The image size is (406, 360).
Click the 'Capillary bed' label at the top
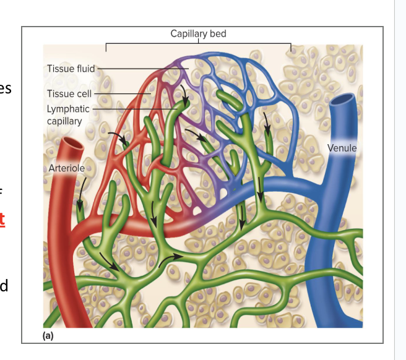198,33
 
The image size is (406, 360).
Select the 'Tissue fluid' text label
70,68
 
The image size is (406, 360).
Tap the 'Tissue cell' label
69,93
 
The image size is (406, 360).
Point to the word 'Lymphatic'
68,109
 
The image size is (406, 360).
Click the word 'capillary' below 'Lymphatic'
64,121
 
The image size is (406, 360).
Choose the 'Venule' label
342,148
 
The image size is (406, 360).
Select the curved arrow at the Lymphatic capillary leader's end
184,93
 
